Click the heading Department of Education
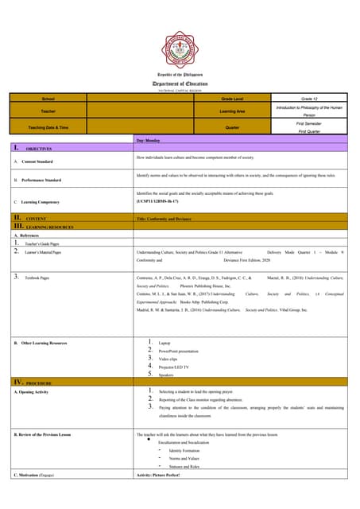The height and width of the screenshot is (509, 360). tap(179, 84)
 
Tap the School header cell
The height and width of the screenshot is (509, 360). tap(48, 99)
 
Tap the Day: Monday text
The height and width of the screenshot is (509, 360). tap(151, 140)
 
